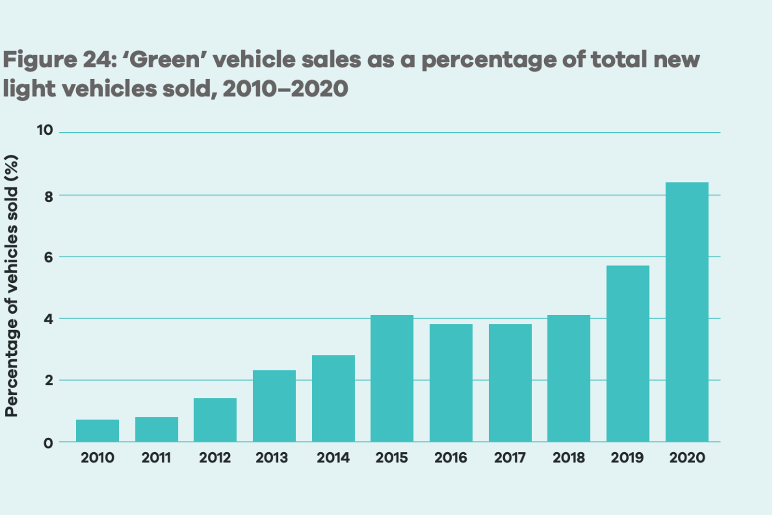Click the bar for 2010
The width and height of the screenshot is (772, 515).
[97, 431]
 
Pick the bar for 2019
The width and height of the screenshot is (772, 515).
[627, 353]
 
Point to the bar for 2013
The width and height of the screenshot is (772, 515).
[274, 406]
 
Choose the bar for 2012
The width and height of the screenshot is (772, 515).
[215, 419]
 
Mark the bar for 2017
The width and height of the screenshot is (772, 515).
[510, 383]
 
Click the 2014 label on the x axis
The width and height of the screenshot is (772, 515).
[333, 458]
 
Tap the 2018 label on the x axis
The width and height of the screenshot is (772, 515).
[568, 458]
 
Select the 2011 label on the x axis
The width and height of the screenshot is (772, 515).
[156, 458]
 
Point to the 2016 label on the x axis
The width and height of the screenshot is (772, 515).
[451, 458]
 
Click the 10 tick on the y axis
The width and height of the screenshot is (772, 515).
[45, 130]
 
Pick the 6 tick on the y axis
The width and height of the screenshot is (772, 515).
[48, 257]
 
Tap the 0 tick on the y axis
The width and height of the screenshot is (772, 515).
[48, 443]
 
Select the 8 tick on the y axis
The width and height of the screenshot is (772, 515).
[48, 196]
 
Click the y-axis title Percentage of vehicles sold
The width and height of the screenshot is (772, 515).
[12, 286]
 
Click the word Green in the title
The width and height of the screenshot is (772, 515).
[165, 60]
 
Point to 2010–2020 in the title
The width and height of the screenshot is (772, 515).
[286, 89]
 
